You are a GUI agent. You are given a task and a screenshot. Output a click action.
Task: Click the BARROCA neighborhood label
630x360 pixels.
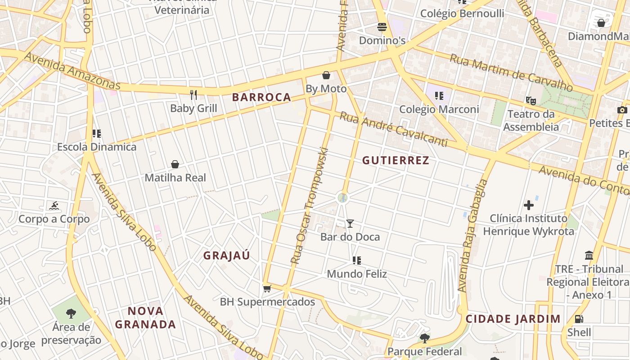click(x=261, y=97)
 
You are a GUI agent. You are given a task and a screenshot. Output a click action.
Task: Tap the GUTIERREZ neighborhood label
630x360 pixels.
click(x=396, y=160)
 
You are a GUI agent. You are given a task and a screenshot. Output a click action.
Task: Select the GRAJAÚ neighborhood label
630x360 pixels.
click(x=226, y=256)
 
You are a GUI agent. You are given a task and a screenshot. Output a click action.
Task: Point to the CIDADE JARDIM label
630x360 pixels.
click(x=513, y=319)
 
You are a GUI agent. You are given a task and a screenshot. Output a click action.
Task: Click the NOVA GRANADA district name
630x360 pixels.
click(x=145, y=317)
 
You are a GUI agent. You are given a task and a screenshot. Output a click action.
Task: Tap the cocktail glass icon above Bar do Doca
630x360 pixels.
click(x=350, y=223)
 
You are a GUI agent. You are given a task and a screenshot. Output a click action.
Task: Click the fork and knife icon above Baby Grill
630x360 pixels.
click(x=193, y=95)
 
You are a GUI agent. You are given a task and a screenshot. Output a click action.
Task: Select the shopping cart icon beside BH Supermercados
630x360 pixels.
click(x=267, y=288)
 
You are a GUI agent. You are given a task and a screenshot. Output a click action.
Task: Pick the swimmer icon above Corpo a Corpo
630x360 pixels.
click(x=54, y=206)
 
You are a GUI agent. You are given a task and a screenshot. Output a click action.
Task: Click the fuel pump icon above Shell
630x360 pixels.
click(x=579, y=319)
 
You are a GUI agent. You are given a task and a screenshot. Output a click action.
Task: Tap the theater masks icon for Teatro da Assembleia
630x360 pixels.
click(x=531, y=101)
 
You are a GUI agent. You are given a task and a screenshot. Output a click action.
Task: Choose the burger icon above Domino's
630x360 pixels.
click(x=382, y=27)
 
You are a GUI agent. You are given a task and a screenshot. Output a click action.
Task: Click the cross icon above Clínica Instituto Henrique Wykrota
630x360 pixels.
click(x=529, y=205)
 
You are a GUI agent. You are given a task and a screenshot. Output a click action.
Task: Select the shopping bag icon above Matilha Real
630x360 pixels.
click(x=175, y=164)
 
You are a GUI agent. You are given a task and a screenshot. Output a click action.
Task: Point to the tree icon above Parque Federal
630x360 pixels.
click(x=424, y=338)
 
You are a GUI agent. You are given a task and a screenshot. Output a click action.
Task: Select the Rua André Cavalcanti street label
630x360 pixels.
click(x=393, y=130)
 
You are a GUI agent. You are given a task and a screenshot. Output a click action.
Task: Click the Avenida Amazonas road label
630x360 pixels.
click(x=72, y=71)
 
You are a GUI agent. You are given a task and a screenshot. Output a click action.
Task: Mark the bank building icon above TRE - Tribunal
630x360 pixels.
click(x=589, y=256)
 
